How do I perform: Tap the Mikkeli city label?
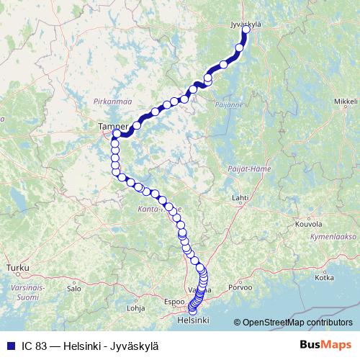pos(346,102)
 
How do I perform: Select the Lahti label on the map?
pos(240,197)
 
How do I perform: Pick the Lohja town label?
pos(136,307)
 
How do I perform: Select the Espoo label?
pos(175,302)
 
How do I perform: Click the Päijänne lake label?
pos(225,104)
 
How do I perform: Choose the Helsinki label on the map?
pos(192,319)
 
